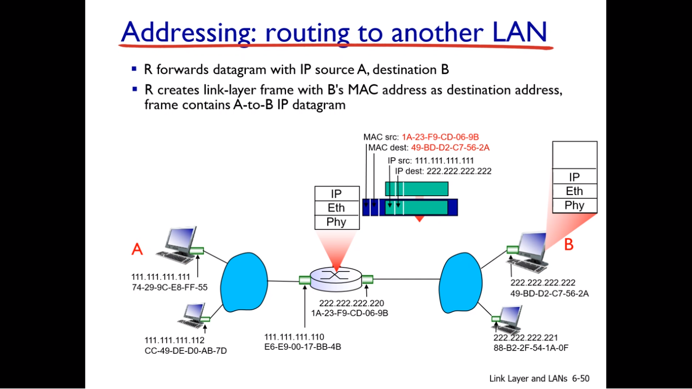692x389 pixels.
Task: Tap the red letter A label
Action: (x=137, y=249)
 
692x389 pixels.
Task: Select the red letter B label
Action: (x=569, y=245)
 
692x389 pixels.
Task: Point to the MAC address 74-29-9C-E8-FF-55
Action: (x=169, y=287)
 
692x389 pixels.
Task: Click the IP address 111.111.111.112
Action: (x=174, y=340)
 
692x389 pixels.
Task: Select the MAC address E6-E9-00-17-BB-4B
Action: (x=303, y=347)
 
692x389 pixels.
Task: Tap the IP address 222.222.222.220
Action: (x=352, y=303)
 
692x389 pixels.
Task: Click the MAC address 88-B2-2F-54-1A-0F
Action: (x=530, y=348)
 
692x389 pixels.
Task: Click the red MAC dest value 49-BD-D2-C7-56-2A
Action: (x=450, y=148)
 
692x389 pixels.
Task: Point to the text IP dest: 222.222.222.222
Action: (x=443, y=171)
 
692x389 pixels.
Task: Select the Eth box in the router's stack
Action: (x=336, y=208)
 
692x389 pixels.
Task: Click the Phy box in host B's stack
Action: (x=574, y=206)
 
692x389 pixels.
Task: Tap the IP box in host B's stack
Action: (x=574, y=177)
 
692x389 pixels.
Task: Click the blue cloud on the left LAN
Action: (x=244, y=282)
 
